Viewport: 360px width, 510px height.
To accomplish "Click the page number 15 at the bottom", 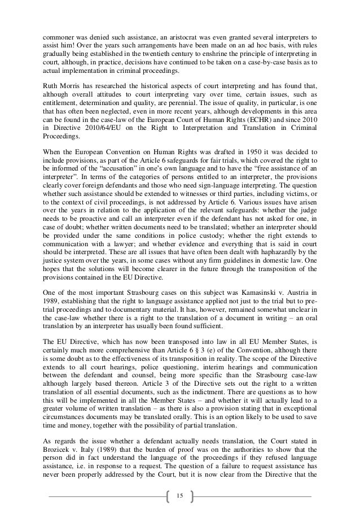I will [x=179, y=496].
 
